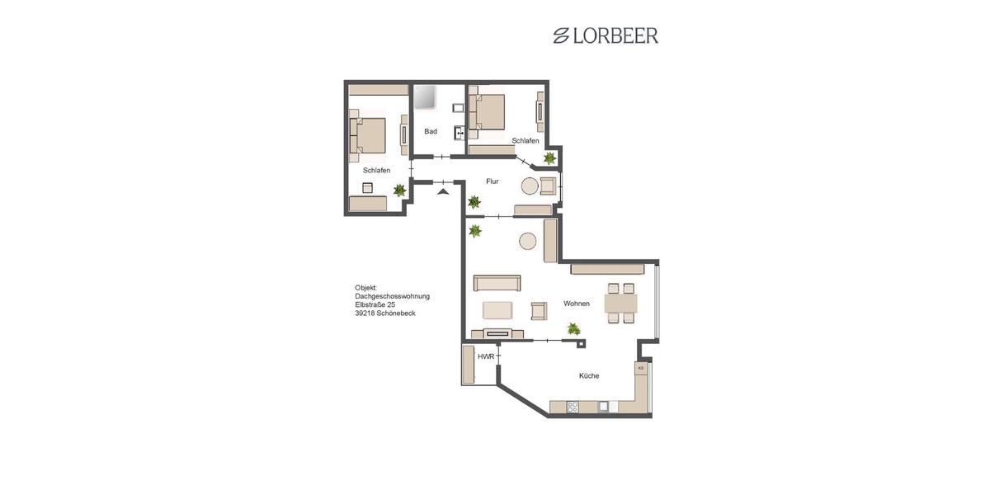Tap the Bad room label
click(x=431, y=131)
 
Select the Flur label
click(x=492, y=181)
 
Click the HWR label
click(x=485, y=356)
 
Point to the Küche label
click(x=589, y=376)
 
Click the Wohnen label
click(x=577, y=304)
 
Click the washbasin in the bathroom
click(x=459, y=132)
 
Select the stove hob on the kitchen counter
click(x=573, y=406)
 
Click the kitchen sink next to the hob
click(x=604, y=406)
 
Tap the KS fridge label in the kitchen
click(x=640, y=368)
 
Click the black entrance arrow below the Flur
click(x=443, y=191)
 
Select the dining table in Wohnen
click(x=620, y=303)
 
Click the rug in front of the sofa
click(x=497, y=309)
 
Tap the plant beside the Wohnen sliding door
click(x=573, y=329)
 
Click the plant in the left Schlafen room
click(x=400, y=191)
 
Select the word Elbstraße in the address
click(x=370, y=305)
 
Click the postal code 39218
click(x=365, y=314)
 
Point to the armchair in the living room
click(x=539, y=310)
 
